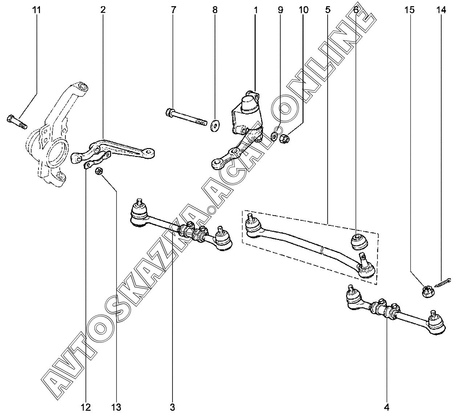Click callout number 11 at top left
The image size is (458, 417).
pos(36,10)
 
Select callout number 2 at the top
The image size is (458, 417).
pos(103,10)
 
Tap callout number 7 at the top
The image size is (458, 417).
pos(173,10)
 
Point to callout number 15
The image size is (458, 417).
pos(409,10)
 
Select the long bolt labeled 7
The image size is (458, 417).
pos(185,116)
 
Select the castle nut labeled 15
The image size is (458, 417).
pos(427,291)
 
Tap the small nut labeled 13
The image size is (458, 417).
pos(98,172)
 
